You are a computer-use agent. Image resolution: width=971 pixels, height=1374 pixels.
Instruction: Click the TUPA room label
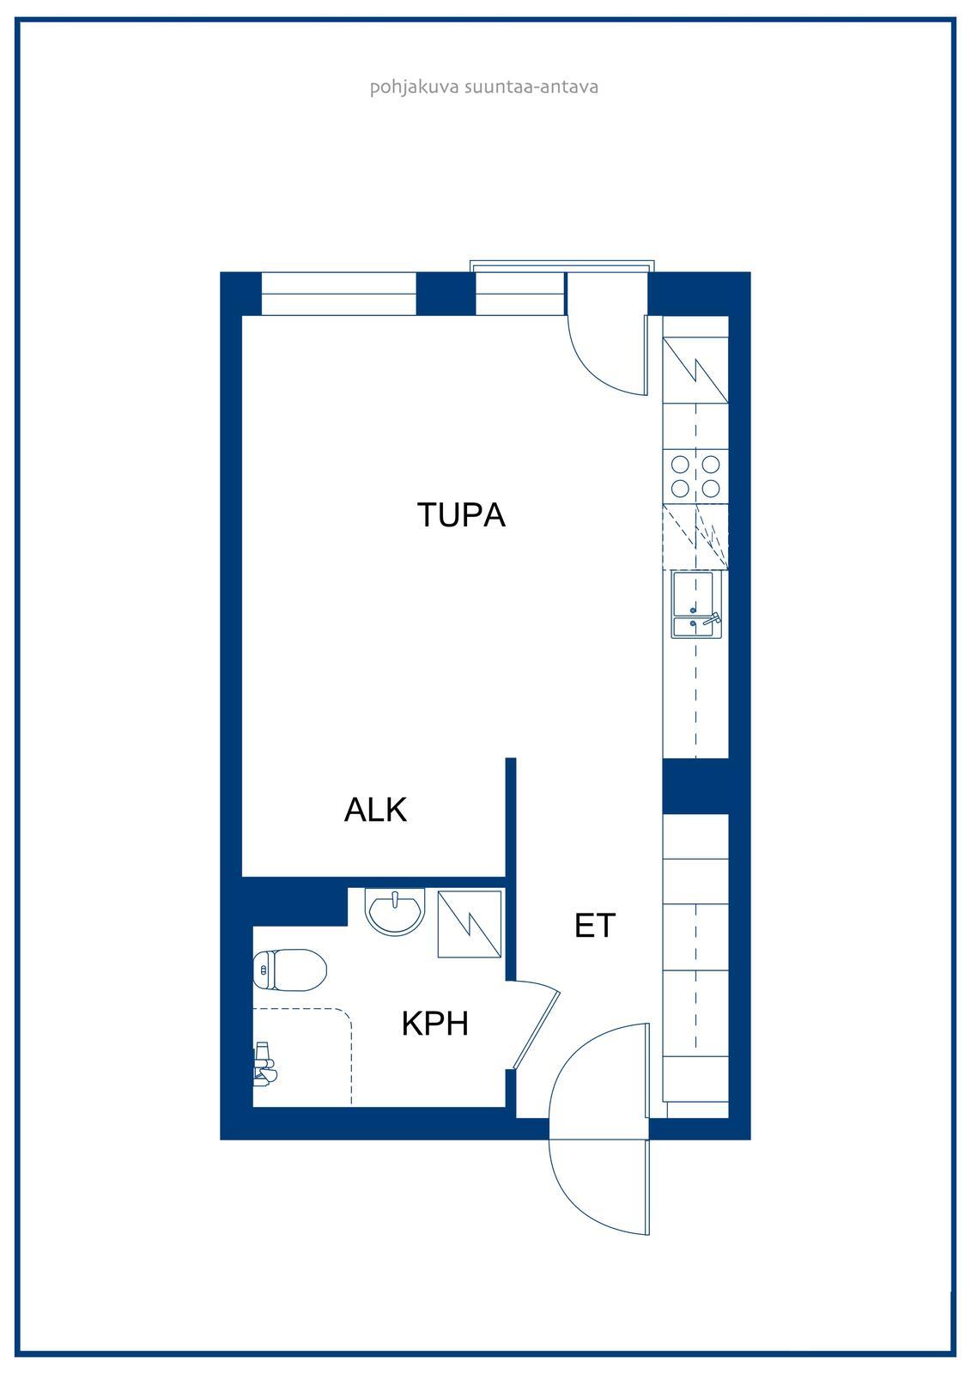pyautogui.click(x=461, y=514)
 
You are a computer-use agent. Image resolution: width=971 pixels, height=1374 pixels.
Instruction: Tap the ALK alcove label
pyautogui.click(x=375, y=810)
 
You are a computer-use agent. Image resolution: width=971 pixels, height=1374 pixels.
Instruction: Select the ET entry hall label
pyautogui.click(x=594, y=926)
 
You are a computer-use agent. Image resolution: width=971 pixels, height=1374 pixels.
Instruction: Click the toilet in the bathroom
pyautogui.click(x=289, y=970)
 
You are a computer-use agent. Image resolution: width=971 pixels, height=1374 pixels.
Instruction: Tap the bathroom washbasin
pyautogui.click(x=395, y=911)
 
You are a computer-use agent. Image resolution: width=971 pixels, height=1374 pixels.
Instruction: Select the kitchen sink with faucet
pyautogui.click(x=696, y=605)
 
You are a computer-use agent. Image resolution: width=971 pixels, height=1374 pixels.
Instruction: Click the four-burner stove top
pyautogui.click(x=695, y=477)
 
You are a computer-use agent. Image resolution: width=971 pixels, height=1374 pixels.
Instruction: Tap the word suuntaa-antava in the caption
pyautogui.click(x=531, y=87)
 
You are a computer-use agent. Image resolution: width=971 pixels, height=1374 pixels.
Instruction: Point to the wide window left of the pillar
pyautogui.click(x=338, y=294)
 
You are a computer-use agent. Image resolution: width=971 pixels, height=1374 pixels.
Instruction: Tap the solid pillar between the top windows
pyautogui.click(x=446, y=294)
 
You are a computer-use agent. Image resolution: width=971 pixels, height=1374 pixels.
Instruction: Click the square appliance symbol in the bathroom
pyautogui.click(x=470, y=924)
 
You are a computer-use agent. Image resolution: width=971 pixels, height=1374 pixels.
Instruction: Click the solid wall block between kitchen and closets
pyautogui.click(x=695, y=787)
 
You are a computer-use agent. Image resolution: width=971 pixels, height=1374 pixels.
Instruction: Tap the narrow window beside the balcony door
pyautogui.click(x=520, y=294)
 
